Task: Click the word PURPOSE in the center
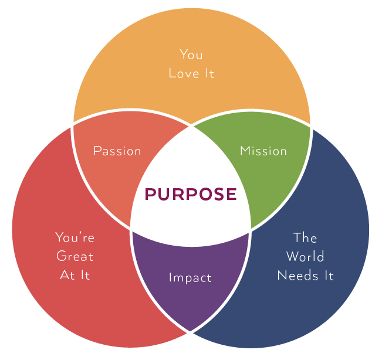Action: (x=191, y=194)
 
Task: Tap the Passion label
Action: (x=117, y=151)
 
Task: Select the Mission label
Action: (x=263, y=151)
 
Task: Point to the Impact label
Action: (x=190, y=278)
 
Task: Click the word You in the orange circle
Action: (x=191, y=55)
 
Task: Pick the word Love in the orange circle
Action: (x=184, y=73)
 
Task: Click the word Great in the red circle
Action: (x=75, y=256)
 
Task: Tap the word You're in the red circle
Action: (x=75, y=237)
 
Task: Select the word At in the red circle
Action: (x=67, y=275)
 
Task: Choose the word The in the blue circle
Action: (x=305, y=237)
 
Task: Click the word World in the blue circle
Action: (x=305, y=256)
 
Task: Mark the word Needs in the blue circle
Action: (x=298, y=276)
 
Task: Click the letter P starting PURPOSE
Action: (x=151, y=194)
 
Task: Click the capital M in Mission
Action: (x=245, y=151)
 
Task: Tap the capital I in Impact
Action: (x=170, y=277)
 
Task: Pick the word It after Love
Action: (x=209, y=73)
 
